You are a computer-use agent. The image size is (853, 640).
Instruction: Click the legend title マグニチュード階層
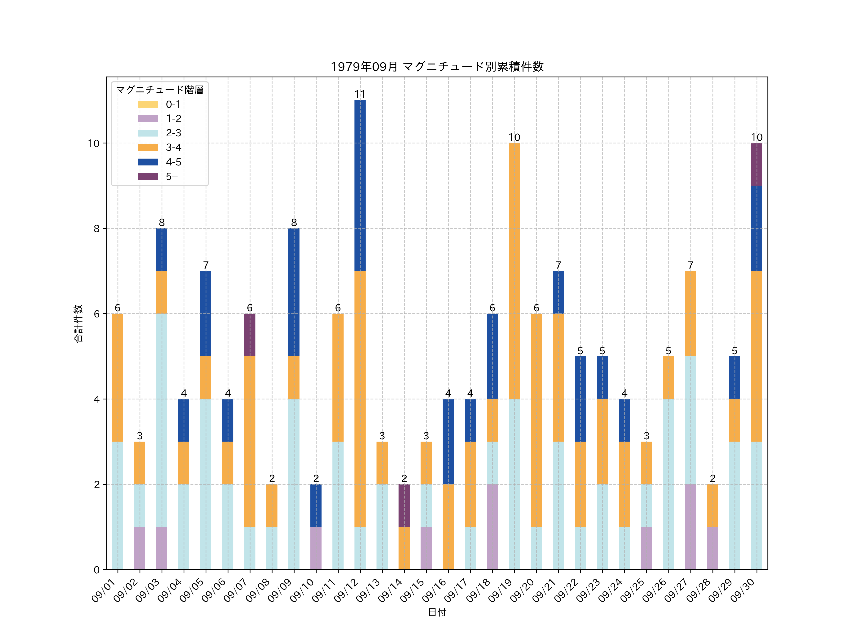click(x=160, y=90)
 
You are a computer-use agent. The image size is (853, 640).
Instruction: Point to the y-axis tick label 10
click(x=94, y=143)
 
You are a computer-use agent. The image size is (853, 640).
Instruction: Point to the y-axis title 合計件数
click(x=78, y=323)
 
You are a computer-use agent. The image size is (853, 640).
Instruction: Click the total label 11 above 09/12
click(x=360, y=94)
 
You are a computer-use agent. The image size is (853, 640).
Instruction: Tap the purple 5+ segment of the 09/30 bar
click(x=757, y=164)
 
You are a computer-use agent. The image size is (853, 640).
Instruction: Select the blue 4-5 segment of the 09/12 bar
click(x=360, y=186)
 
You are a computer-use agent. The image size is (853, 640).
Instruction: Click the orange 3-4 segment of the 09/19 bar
click(x=514, y=271)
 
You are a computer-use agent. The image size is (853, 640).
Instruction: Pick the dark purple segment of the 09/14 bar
click(x=404, y=505)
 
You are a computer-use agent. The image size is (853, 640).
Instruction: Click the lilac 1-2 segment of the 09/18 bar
click(x=492, y=527)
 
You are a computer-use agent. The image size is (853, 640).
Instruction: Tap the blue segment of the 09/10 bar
click(x=316, y=505)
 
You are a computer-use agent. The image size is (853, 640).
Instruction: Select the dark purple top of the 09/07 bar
click(x=250, y=335)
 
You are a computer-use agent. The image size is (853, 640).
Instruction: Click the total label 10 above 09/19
click(x=514, y=137)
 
